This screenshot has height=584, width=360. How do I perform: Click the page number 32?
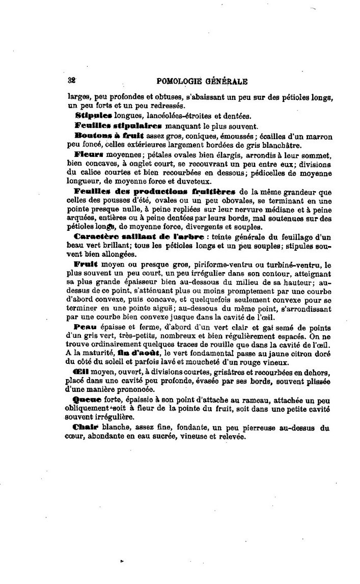pyautogui.click(x=71, y=80)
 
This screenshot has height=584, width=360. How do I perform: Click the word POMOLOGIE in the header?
pyautogui.click(x=180, y=81)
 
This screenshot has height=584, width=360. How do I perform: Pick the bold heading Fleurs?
pyautogui.click(x=89, y=153)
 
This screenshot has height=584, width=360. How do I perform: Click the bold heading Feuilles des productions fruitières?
pyautogui.click(x=155, y=192)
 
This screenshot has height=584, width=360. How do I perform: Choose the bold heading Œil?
pyautogui.click(x=82, y=373)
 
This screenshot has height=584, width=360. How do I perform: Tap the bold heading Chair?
pyautogui.click(x=86, y=427)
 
